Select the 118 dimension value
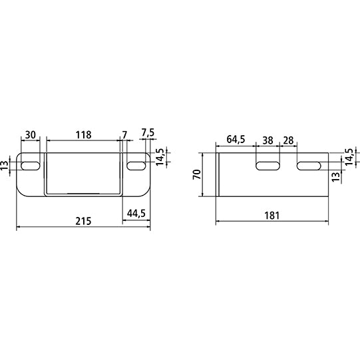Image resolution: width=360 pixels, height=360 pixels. tap(83, 134)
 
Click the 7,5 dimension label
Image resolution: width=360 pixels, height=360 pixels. tap(148, 134)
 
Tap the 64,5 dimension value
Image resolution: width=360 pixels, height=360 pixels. tap(236, 140)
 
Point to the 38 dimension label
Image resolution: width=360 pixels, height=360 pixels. tap(268, 140)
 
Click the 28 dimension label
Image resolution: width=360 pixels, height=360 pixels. tap(289, 140)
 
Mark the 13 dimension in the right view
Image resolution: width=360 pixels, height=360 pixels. tap(336, 176)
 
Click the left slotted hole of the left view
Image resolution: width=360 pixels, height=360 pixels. tap(30, 164)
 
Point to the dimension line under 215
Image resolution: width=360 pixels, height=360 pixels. tap(83, 226)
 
